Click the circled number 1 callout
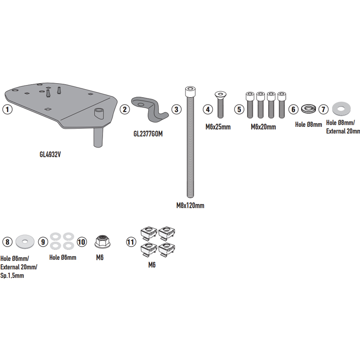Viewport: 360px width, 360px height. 7,109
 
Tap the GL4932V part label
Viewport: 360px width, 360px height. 50,154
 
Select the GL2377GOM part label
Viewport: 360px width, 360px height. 148,134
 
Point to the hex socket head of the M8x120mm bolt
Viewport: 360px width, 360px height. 190,91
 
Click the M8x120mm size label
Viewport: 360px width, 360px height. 190,205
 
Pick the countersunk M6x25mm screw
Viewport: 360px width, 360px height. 220,104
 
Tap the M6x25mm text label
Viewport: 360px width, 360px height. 218,127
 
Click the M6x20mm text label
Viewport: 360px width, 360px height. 263,127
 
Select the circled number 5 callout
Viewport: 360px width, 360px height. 239,109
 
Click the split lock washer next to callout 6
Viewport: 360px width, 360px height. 308,109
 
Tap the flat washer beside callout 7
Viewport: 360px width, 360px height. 342,108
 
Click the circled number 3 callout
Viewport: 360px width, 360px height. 176,109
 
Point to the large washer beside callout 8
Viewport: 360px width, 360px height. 25,242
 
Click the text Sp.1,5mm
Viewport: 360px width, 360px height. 12,275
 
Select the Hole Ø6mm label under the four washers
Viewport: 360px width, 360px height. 63,257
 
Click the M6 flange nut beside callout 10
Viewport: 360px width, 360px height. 103,242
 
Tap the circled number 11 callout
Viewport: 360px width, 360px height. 131,242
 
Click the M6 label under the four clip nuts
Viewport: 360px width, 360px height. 152,265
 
